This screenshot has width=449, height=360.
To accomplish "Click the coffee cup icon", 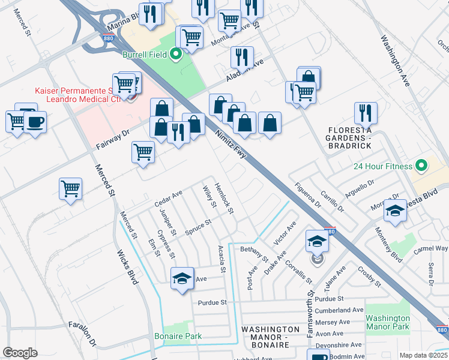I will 35,123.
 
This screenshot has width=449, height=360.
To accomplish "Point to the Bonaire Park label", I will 178,337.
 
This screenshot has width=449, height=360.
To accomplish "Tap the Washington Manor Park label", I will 387,323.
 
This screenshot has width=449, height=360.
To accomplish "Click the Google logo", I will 20,352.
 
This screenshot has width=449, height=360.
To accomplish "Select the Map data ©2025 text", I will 423,355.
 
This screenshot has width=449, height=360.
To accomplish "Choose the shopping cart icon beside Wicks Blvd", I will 71,188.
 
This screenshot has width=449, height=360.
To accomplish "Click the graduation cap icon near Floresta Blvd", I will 395,211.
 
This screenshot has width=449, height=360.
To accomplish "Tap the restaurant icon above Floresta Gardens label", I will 364,112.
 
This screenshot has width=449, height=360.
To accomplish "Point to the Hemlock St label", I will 224,199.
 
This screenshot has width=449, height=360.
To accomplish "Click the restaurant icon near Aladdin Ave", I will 242,56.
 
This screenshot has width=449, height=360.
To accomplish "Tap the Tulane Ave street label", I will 336,278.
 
